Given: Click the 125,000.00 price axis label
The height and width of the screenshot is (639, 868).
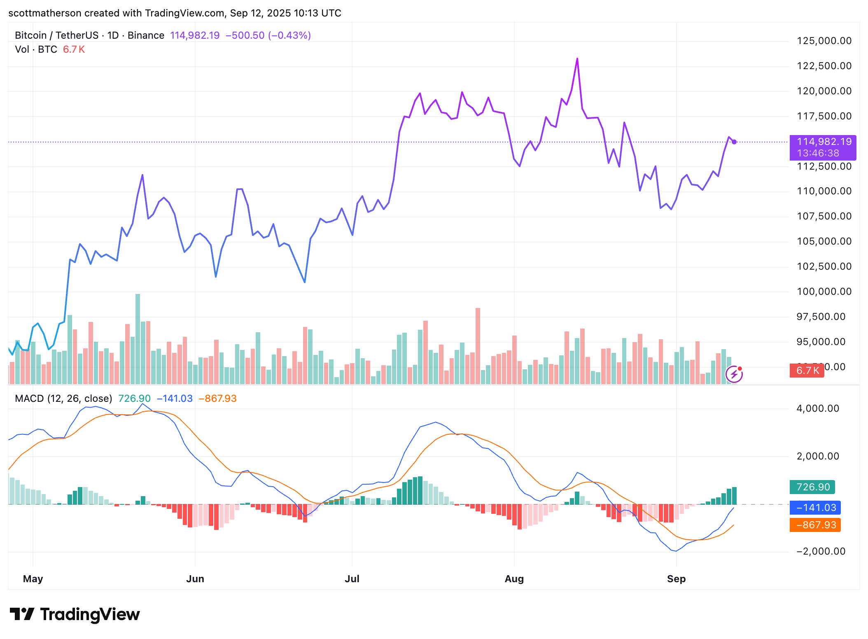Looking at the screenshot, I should coord(824,41).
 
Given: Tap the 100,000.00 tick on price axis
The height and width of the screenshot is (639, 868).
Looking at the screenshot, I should coord(824,292).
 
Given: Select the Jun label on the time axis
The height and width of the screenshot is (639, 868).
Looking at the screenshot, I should coord(195,579).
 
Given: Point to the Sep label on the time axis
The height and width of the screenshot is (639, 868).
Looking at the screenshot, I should coord(676,579).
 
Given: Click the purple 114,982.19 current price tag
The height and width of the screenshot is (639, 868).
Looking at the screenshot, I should coord(823,142).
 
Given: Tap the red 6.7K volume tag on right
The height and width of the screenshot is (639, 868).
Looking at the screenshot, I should coord(806,371).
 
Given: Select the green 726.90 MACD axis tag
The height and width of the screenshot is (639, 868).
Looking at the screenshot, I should coord(812,487).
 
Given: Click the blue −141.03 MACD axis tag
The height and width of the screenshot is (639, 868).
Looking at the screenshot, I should coord(815,508).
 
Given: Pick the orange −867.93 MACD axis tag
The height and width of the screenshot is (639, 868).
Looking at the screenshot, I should coord(815,525).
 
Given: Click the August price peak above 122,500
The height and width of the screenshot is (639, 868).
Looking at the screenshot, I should coord(577,59).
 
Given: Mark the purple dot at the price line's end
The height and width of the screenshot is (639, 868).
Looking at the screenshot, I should coord(734,142).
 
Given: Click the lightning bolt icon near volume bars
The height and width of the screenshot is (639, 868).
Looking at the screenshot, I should coord(734,374).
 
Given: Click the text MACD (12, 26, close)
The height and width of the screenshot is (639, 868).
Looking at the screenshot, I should coord(63,399).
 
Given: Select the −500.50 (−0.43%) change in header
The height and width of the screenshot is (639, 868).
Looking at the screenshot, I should coord(268,35).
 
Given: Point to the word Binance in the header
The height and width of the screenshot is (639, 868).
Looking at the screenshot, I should coord(146,35).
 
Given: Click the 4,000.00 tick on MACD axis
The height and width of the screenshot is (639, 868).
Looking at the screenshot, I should coord(817,408).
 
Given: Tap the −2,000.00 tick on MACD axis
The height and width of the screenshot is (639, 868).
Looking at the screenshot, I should coord(821,551).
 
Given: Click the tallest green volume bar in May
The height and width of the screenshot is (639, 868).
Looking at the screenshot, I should coord(138,338).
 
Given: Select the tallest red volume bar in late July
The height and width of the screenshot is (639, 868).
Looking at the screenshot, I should coord(478,346).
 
